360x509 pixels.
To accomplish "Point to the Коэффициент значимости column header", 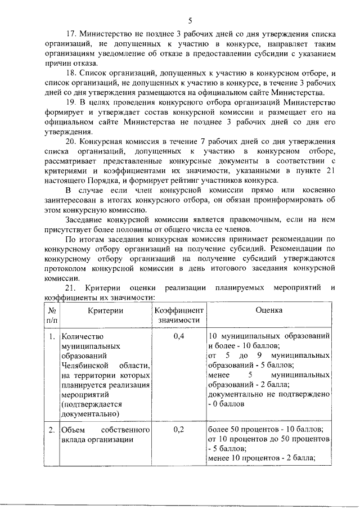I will click(x=178, y=315).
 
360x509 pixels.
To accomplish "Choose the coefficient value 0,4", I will click(x=178, y=336).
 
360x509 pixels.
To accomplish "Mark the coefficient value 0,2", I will click(x=178, y=430).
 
